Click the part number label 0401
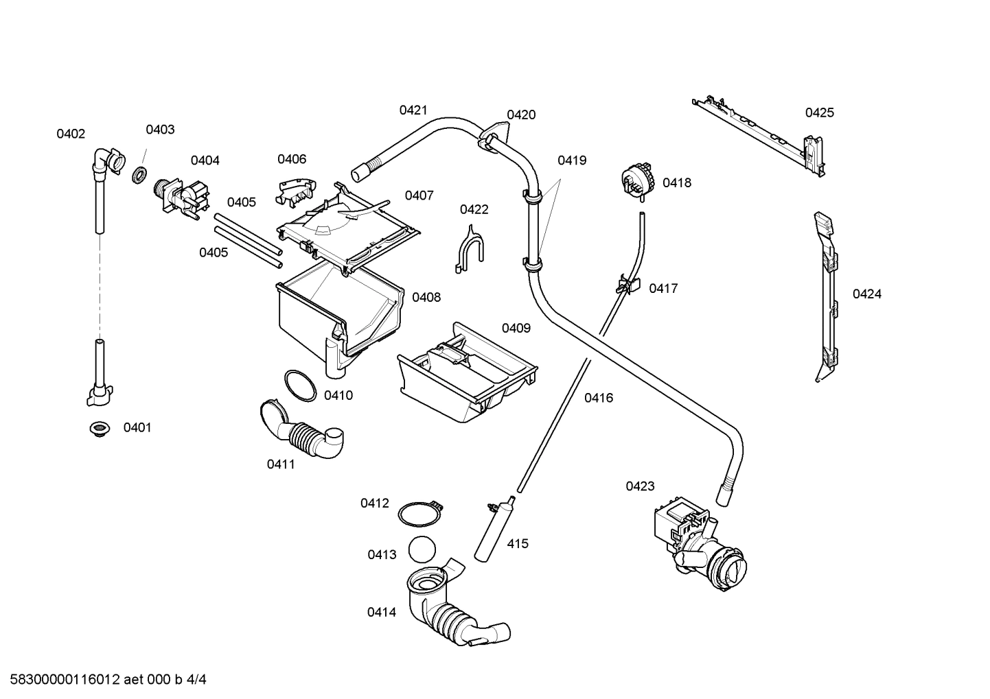tap(137, 428)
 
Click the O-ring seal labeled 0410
tap(300, 386)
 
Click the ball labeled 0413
tap(423, 550)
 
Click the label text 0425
tap(819, 113)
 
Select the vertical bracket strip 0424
tap(827, 295)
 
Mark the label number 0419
tap(571, 161)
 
